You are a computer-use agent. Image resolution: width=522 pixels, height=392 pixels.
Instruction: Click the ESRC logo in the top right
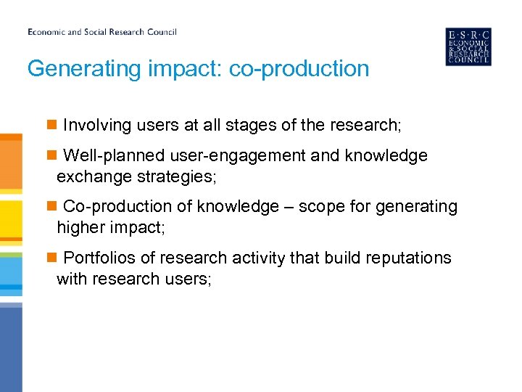(x=468, y=47)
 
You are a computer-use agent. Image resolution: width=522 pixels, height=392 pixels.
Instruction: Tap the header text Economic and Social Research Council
(x=102, y=32)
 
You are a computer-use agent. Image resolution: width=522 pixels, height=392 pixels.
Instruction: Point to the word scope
(x=320, y=207)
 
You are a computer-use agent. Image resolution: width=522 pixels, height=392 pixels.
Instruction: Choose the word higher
(x=81, y=227)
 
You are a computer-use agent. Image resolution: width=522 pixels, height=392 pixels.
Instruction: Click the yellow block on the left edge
(x=10, y=221)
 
